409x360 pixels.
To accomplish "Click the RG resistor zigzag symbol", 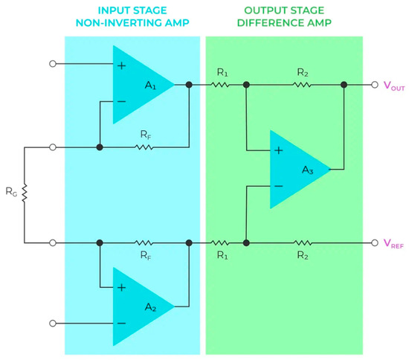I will (x=25, y=195).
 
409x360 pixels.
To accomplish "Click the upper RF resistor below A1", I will (x=144, y=147).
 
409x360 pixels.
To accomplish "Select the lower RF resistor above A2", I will (x=144, y=242).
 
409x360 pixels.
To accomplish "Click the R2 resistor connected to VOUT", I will (x=301, y=85).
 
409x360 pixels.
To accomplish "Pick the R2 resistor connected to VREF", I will (x=301, y=242).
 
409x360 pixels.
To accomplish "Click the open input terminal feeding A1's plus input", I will (x=52, y=64).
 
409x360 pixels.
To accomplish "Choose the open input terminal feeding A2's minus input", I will (x=52, y=323).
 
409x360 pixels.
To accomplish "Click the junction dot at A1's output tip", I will (x=190, y=85).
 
